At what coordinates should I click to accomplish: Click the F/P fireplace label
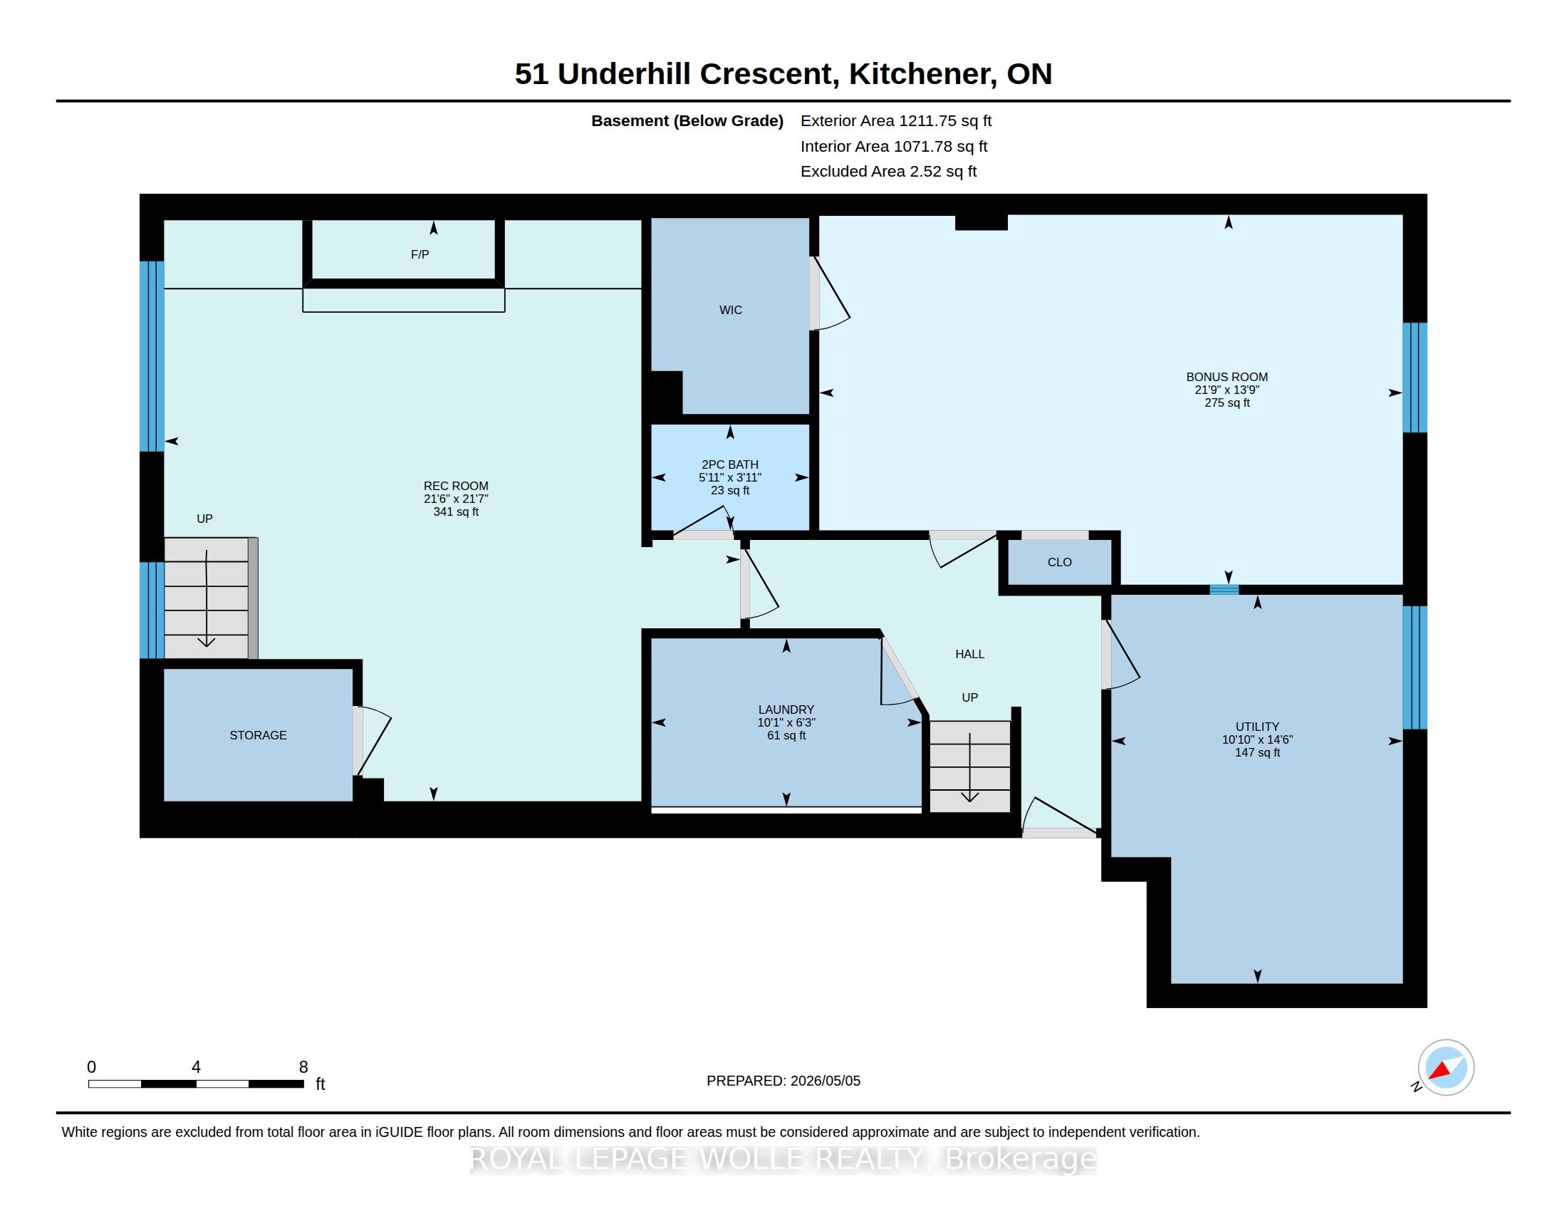pyautogui.click(x=420, y=255)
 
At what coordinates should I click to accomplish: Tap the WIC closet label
pyautogui.click(x=730, y=310)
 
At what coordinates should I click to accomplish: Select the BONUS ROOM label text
pyautogui.click(x=1227, y=377)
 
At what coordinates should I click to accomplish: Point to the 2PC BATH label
pyautogui.click(x=730, y=465)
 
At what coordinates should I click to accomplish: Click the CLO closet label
pyautogui.click(x=1060, y=563)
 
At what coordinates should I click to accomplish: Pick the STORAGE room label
pyautogui.click(x=259, y=735)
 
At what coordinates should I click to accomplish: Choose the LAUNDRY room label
pyautogui.click(x=786, y=710)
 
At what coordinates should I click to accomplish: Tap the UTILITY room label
pyautogui.click(x=1257, y=727)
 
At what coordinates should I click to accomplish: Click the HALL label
pyautogui.click(x=970, y=654)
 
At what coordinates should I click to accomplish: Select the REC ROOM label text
pyautogui.click(x=457, y=487)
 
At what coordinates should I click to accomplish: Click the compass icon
pyautogui.click(x=1446, y=1068)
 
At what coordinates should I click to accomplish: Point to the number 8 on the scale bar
pyautogui.click(x=303, y=1067)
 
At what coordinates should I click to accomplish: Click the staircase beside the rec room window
pyautogui.click(x=207, y=598)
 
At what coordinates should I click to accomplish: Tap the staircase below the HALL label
pyautogui.click(x=970, y=767)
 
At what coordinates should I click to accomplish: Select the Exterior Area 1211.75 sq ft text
pyautogui.click(x=896, y=121)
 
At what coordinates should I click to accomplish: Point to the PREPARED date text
pyautogui.click(x=783, y=1081)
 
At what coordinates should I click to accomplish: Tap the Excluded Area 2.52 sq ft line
pyautogui.click(x=889, y=172)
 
